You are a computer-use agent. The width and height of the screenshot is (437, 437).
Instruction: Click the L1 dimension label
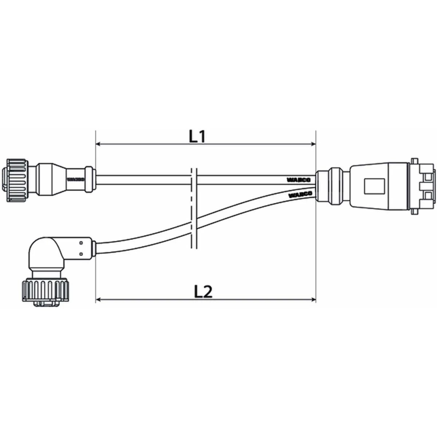(x=197, y=137)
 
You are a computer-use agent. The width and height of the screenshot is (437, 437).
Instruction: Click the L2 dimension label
(x=203, y=292)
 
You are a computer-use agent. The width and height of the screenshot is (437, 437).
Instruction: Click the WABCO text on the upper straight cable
(x=299, y=180)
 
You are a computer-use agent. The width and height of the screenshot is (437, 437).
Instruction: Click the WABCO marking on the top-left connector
(x=75, y=179)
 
